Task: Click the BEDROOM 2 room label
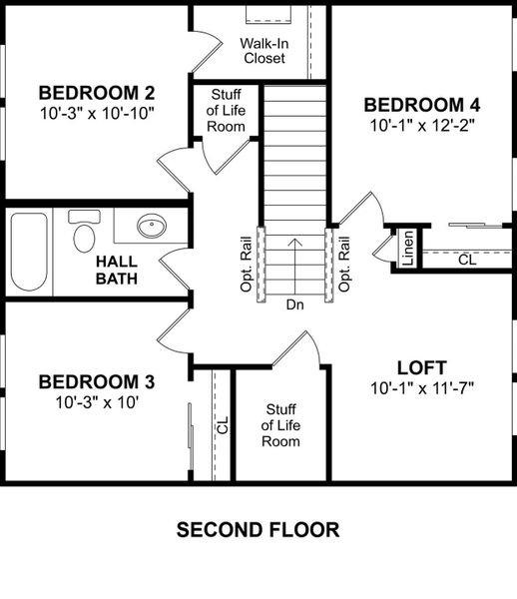pyautogui.click(x=97, y=93)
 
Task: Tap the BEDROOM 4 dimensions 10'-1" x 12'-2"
pyautogui.click(x=422, y=126)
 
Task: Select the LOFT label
pyautogui.click(x=422, y=367)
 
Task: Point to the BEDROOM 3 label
pyautogui.click(x=97, y=382)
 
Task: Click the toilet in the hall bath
pyautogui.click(x=84, y=231)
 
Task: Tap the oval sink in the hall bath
pyautogui.click(x=152, y=226)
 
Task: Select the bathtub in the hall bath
pyautogui.click(x=29, y=252)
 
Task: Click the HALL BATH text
pyautogui.click(x=117, y=271)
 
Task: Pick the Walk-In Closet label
pyautogui.click(x=264, y=51)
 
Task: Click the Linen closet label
pyautogui.click(x=408, y=249)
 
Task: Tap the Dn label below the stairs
pyautogui.click(x=295, y=304)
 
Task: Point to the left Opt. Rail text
pyautogui.click(x=247, y=265)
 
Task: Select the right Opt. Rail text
pyautogui.click(x=344, y=265)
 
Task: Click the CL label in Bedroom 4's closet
pyautogui.click(x=467, y=261)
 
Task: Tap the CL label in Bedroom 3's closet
pyautogui.click(x=223, y=425)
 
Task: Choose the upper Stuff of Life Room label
pyautogui.click(x=226, y=111)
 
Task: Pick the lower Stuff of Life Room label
pyautogui.click(x=280, y=425)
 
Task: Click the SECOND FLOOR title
pyautogui.click(x=258, y=530)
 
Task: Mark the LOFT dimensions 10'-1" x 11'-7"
pyautogui.click(x=422, y=389)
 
